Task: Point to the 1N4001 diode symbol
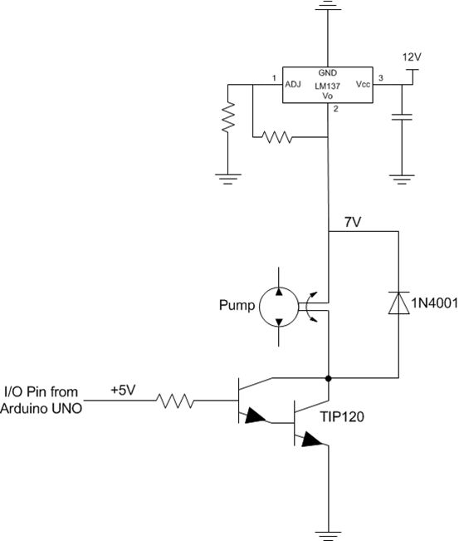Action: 400,304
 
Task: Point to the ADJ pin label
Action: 292,84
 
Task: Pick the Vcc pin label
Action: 364,85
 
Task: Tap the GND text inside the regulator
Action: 328,73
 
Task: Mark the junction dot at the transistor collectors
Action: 330,379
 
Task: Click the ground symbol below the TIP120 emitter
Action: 330,532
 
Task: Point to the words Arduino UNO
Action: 42,409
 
